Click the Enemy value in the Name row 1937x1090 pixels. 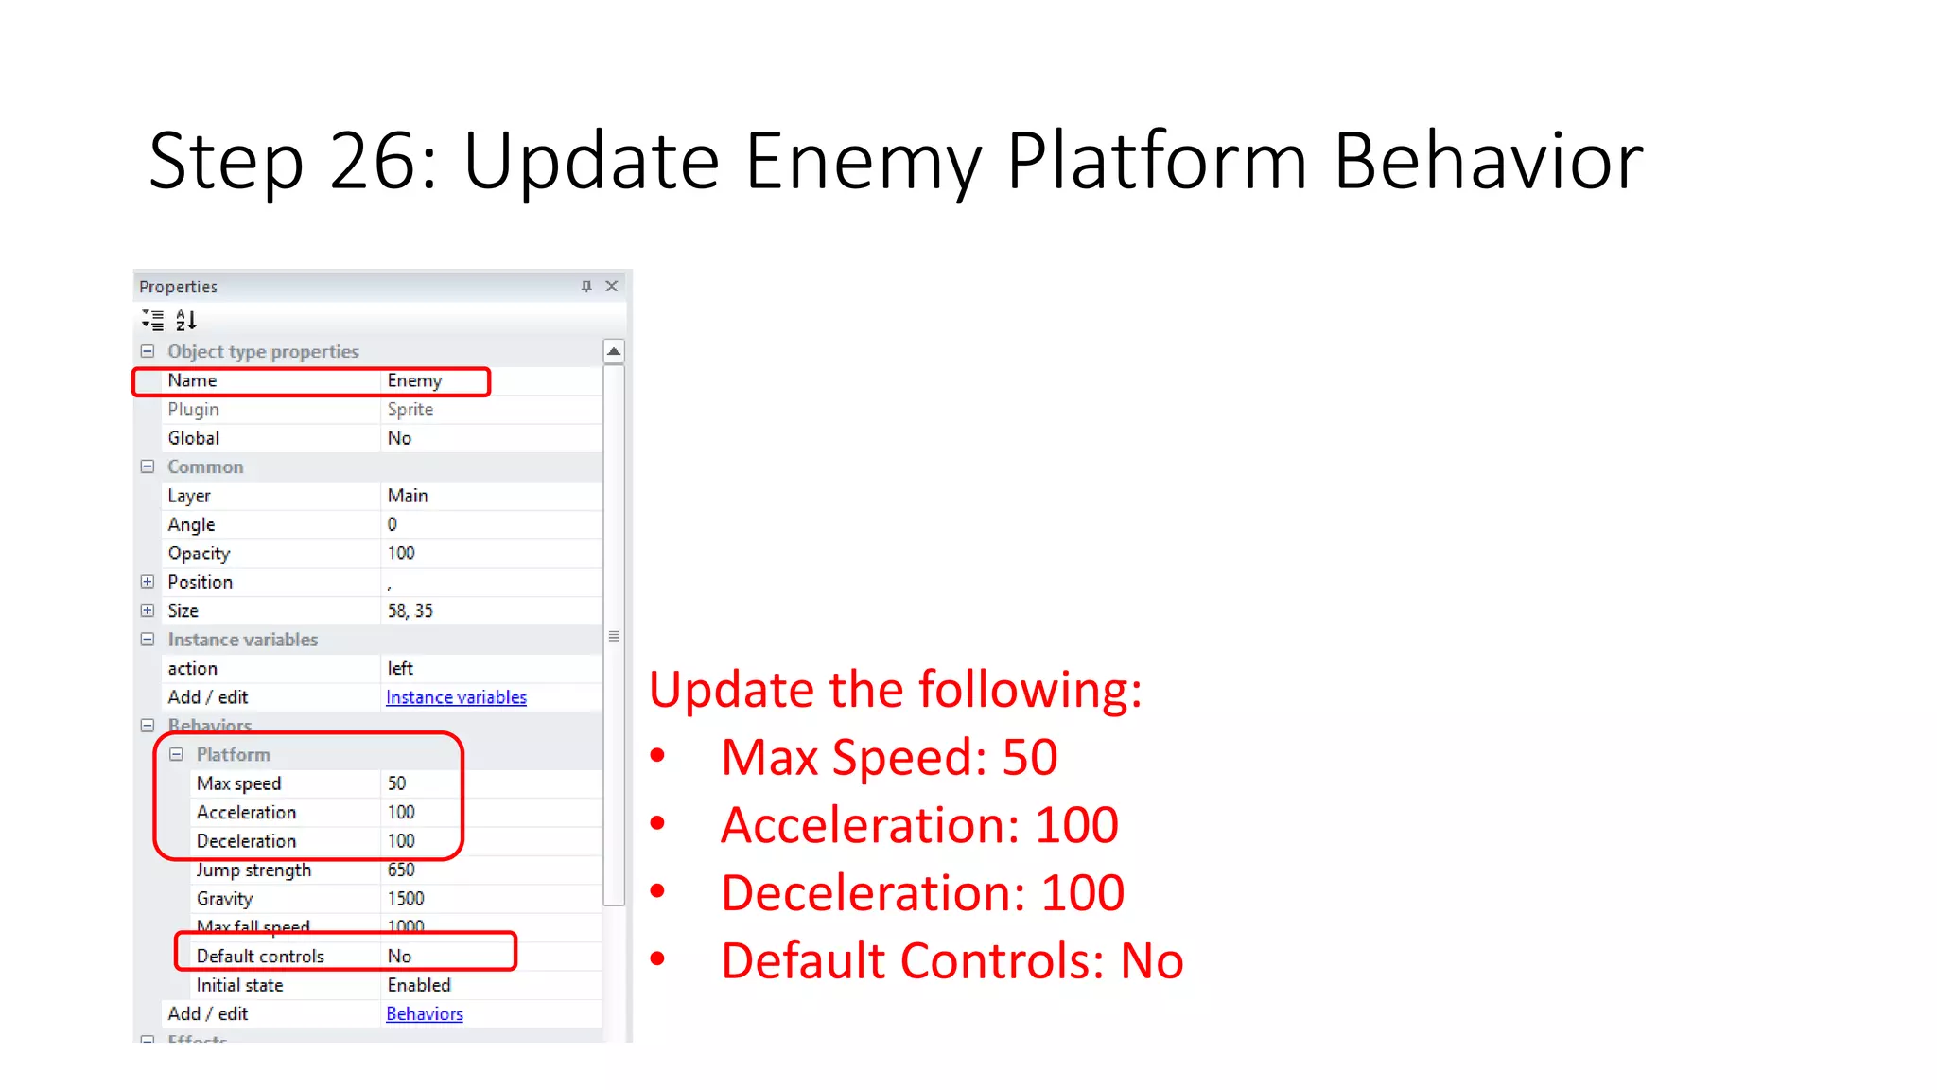tap(414, 380)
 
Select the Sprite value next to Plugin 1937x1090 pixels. tap(410, 410)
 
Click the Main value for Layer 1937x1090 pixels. tap(408, 496)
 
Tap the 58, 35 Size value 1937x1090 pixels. tap(410, 611)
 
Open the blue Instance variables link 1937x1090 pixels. tap(456, 697)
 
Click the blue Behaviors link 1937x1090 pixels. tap(425, 1013)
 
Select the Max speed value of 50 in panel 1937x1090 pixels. tap(396, 783)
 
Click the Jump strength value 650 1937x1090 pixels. tap(401, 870)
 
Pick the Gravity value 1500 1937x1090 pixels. tap(406, 899)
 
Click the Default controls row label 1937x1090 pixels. tap(260, 957)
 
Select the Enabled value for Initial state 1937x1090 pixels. tap(419, 985)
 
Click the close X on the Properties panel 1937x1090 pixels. tap(612, 286)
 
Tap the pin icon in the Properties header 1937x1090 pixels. tap(586, 286)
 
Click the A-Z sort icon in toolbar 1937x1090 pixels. tap(186, 321)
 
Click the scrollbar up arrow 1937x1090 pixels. tap(614, 352)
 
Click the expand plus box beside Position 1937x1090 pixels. tap(148, 582)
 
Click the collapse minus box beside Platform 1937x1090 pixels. tap(177, 755)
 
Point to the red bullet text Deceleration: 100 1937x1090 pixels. tap(922, 893)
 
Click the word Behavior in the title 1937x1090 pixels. tap(1488, 162)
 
